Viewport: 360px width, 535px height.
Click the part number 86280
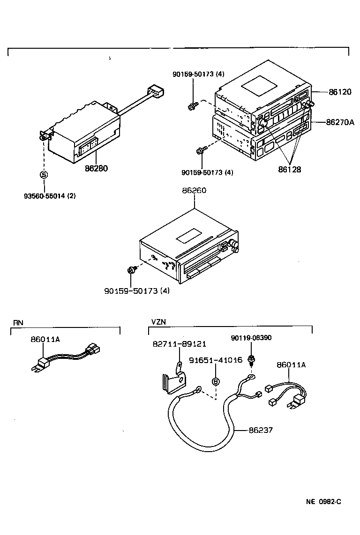(97, 168)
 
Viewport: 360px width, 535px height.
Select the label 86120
(340, 92)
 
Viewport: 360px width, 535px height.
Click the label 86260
(194, 191)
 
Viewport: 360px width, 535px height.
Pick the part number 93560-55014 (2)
(50, 196)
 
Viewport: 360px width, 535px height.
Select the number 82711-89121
(180, 344)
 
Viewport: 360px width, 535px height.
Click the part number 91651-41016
(216, 360)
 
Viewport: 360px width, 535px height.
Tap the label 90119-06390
(251, 338)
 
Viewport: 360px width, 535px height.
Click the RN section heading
(18, 322)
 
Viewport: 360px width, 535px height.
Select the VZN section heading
(158, 322)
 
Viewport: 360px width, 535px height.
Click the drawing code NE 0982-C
(323, 502)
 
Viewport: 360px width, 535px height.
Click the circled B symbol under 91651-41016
(216, 382)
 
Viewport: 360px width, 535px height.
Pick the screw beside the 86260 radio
(132, 270)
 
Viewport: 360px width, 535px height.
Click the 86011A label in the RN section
(45, 340)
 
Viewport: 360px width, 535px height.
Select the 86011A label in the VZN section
(291, 365)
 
